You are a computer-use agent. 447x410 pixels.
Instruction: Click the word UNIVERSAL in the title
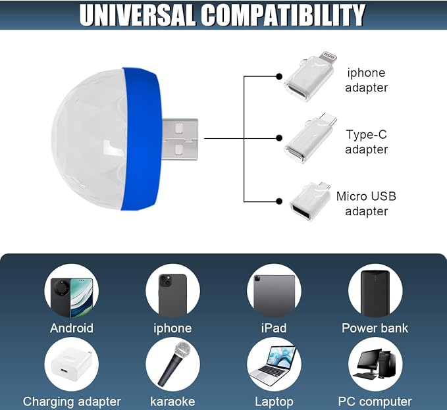coord(138,15)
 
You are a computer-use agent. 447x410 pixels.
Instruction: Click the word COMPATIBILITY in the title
coord(283,15)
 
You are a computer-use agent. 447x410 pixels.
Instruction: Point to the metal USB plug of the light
coord(180,140)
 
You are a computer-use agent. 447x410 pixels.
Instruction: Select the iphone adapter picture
coord(310,76)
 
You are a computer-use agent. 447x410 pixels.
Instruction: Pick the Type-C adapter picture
coord(311,138)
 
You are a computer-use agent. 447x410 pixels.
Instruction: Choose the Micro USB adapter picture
coord(310,201)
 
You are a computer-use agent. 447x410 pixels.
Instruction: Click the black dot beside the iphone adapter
coord(279,76)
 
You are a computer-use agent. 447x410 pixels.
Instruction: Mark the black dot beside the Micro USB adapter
coord(279,201)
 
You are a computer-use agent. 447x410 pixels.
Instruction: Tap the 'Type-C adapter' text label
coord(366,142)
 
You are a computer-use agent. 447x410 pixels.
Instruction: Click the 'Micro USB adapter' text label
coord(366,204)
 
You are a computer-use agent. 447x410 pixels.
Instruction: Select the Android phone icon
coord(72,297)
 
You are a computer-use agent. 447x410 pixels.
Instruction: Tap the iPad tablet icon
coord(274,295)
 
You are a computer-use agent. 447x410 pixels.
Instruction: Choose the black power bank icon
coord(375,294)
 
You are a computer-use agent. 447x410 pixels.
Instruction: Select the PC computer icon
coord(375,364)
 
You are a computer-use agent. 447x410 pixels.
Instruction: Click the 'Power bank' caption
coord(375,328)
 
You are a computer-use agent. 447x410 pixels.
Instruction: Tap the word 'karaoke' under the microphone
coord(172,401)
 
